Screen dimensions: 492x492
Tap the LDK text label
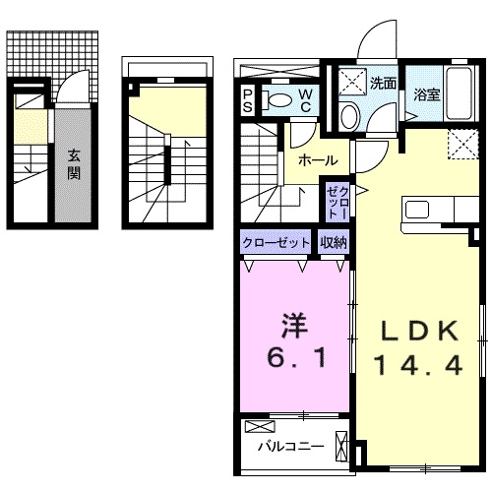(x=417, y=331)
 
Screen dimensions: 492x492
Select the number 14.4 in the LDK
(x=416, y=366)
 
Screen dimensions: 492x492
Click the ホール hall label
(x=318, y=160)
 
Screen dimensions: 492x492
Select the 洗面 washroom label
(x=384, y=84)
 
